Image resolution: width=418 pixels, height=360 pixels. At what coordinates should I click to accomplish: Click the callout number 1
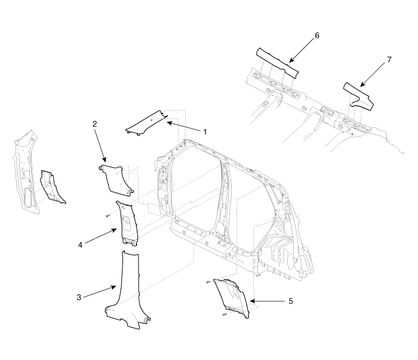[x=205, y=132]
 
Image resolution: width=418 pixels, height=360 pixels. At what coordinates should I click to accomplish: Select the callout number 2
[x=94, y=124]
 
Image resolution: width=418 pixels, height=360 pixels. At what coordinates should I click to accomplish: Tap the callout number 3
[x=79, y=297]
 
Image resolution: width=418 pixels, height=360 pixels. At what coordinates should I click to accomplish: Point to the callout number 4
[x=80, y=245]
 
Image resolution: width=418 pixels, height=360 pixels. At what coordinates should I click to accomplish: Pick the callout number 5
[x=291, y=301]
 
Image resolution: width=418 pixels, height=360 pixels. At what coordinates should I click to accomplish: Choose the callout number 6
[x=317, y=35]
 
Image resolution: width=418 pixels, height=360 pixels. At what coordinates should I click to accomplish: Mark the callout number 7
[x=389, y=60]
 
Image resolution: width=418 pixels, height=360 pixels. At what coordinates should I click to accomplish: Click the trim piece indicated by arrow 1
[x=147, y=122]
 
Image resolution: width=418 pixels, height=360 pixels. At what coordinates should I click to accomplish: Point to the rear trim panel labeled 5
[x=232, y=297]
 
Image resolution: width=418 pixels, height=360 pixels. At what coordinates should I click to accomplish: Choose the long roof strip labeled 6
[x=277, y=63]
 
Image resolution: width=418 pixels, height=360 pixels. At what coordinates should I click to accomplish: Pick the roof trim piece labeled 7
[x=358, y=96]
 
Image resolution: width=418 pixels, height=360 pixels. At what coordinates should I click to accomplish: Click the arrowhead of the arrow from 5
[x=253, y=301]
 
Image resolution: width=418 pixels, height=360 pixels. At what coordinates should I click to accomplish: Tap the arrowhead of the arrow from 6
[x=291, y=61]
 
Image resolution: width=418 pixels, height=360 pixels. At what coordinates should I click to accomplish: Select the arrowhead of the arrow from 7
[x=362, y=85]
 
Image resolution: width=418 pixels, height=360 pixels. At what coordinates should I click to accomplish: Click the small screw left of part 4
[x=107, y=216]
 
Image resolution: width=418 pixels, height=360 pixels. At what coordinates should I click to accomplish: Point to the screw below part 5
[x=224, y=315]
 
